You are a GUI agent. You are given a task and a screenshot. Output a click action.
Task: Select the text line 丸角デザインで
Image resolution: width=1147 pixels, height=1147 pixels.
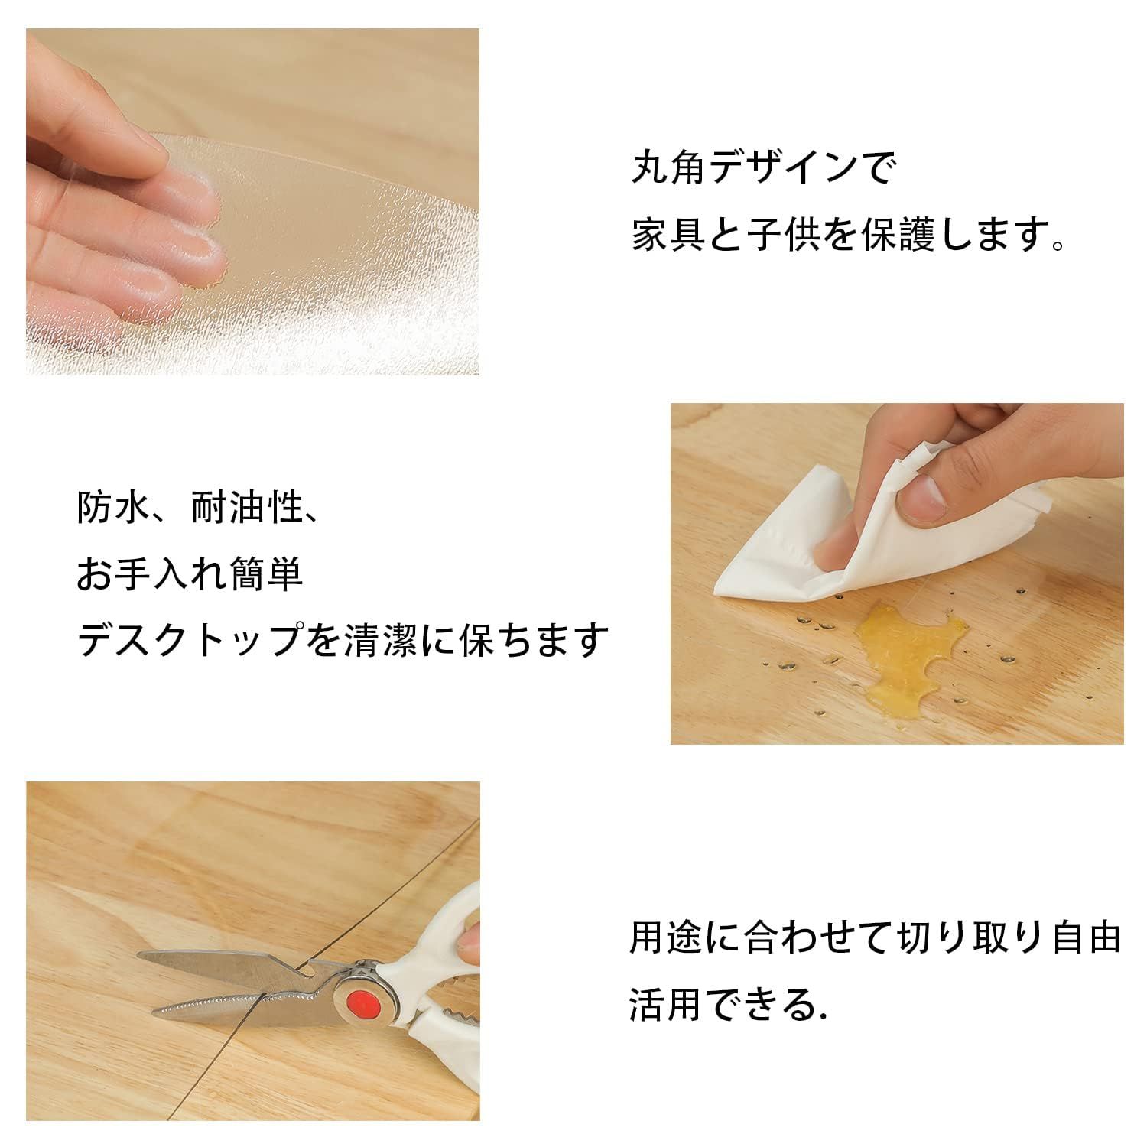tap(762, 168)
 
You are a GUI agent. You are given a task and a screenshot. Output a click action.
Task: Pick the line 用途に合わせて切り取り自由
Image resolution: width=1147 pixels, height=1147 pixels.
tap(875, 937)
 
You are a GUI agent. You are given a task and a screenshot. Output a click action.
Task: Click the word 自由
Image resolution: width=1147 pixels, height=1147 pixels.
tap(1084, 937)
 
